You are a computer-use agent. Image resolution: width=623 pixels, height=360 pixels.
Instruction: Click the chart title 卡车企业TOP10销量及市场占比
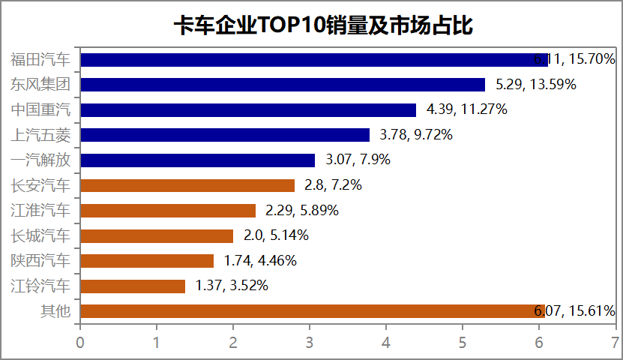tap(311, 25)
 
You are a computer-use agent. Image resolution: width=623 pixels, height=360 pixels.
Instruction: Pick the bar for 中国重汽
tap(248, 110)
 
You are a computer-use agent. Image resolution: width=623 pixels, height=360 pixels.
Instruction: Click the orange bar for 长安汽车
tap(187, 185)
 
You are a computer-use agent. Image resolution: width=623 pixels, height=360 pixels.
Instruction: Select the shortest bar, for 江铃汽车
tap(133, 286)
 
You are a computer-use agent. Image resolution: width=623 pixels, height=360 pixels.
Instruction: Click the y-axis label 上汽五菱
tap(40, 135)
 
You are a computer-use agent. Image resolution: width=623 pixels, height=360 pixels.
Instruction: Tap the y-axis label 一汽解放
tap(40, 160)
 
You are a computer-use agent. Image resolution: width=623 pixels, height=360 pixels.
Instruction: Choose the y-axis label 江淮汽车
tap(40, 211)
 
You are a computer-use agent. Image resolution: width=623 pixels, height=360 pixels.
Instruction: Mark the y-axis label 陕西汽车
tap(40, 261)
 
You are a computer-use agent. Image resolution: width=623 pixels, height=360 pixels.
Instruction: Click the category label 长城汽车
tap(40, 235)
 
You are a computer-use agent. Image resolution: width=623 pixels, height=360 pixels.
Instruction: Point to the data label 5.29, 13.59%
tap(536, 85)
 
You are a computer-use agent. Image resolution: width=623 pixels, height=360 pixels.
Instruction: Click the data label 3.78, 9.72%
tap(415, 135)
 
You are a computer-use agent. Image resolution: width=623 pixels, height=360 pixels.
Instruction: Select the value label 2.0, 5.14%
tap(276, 235)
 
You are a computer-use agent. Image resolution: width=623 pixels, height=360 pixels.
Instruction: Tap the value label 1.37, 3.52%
tap(232, 286)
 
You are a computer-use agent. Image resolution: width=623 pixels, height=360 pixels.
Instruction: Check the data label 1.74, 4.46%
tap(260, 261)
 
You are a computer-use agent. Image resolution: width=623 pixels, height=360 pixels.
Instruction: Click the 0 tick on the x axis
tap(80, 342)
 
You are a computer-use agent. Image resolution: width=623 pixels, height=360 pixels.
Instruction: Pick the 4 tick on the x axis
tap(386, 342)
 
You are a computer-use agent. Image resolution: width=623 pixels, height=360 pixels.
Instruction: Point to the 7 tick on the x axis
tap(615, 342)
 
